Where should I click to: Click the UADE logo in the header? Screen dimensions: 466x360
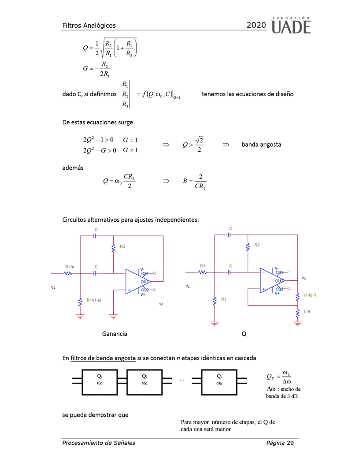291,26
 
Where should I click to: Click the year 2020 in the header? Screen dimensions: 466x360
256,26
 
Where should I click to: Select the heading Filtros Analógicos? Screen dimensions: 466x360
89,26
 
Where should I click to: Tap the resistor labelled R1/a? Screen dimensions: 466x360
68,273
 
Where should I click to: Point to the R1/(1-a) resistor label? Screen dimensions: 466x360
94,300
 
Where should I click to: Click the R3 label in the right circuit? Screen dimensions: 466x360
224,299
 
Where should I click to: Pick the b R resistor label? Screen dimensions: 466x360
307,312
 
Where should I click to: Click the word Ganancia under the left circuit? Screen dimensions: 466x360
115,334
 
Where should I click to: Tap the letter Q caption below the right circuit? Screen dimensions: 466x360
244,334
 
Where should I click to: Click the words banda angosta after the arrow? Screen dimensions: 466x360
261,145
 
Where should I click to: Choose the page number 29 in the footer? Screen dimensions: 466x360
289,443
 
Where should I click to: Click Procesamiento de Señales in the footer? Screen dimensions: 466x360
99,443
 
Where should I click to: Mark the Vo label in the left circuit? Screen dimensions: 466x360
161,304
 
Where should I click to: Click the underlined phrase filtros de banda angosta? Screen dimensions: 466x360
103,358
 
